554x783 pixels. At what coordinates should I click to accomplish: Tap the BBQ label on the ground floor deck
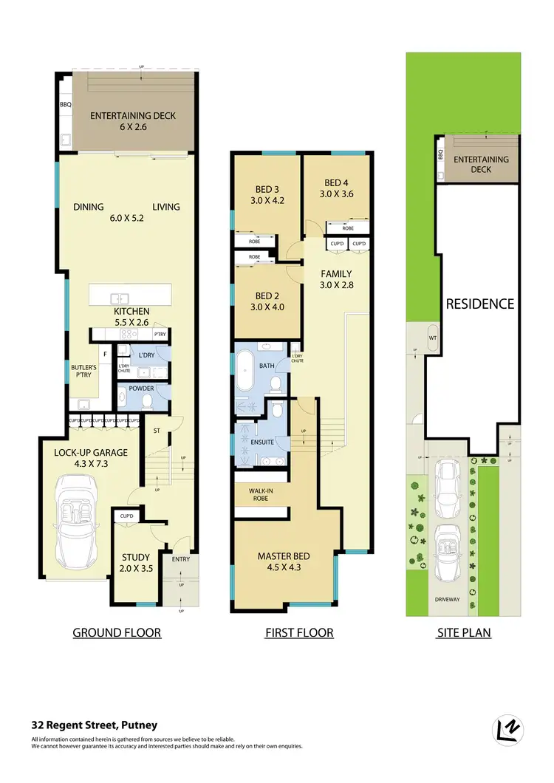point(65,105)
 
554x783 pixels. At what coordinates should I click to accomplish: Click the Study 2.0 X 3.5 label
point(136,564)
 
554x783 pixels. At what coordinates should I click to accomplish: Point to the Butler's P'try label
point(78,370)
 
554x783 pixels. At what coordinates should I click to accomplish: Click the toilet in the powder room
point(147,400)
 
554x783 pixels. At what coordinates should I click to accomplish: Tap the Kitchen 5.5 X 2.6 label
point(131,317)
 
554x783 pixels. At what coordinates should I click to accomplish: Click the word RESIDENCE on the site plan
point(479,304)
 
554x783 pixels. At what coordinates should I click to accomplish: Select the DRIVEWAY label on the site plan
point(446,600)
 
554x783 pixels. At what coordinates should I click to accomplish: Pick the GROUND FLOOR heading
point(117,632)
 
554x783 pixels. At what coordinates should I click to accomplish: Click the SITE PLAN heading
point(463,632)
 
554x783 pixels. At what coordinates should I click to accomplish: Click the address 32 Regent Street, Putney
point(95,725)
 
